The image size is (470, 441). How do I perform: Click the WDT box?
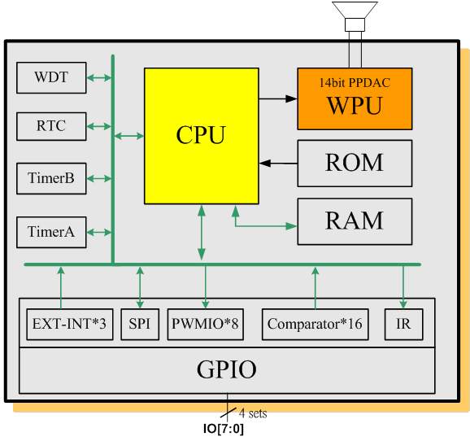(x=51, y=77)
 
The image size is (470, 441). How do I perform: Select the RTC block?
(x=51, y=126)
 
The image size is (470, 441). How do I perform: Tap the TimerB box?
(x=51, y=178)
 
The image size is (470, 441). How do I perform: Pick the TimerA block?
(x=51, y=232)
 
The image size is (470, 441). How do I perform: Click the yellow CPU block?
(x=202, y=136)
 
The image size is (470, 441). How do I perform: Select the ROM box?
(x=355, y=164)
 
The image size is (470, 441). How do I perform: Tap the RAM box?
(x=355, y=221)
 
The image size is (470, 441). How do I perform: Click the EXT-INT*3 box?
(x=70, y=325)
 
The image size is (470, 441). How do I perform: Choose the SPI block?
(x=140, y=325)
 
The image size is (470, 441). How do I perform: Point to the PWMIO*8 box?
(x=206, y=325)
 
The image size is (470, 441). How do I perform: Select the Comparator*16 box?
(x=315, y=325)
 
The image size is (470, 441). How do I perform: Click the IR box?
(x=404, y=325)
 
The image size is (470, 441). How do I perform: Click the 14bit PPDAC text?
(x=355, y=83)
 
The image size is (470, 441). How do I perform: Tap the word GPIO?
(x=227, y=369)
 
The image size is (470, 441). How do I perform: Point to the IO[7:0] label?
(x=224, y=429)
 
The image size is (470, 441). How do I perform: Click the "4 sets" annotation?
(x=253, y=413)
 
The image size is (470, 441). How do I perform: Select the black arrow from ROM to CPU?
(x=278, y=164)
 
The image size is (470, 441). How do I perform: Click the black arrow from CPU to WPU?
(x=278, y=98)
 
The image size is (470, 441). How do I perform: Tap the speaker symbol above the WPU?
(x=355, y=16)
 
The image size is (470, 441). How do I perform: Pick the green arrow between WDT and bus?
(x=99, y=77)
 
